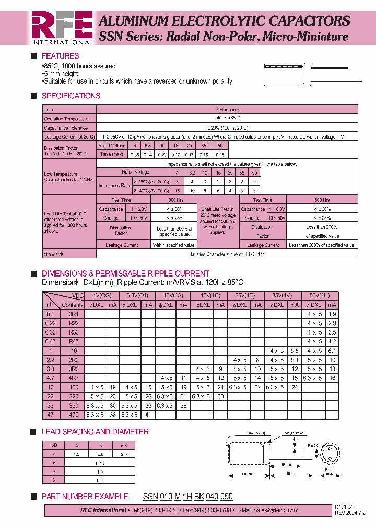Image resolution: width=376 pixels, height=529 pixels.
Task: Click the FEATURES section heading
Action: pyautogui.click(x=60, y=56)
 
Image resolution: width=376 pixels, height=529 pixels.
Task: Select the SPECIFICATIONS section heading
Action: pyautogui.click(x=70, y=96)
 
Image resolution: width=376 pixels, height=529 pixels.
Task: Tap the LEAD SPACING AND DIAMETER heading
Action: pyautogui.click(x=95, y=432)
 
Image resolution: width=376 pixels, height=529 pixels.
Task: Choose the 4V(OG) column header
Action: pyautogui.click(x=102, y=296)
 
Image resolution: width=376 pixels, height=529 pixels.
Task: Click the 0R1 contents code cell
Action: pyautogui.click(x=73, y=314)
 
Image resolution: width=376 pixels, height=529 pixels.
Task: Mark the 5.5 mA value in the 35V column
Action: pyautogui.click(x=295, y=351)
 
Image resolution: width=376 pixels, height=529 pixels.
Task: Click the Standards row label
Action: pyautogui.click(x=54, y=254)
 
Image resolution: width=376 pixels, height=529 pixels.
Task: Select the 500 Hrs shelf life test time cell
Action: pyautogui.click(x=322, y=200)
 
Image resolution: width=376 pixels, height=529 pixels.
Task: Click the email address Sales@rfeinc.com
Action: pyautogui.click(x=271, y=510)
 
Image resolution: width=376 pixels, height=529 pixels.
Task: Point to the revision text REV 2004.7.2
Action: pyautogui.click(x=350, y=514)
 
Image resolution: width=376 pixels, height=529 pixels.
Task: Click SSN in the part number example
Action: pyautogui.click(x=150, y=497)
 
